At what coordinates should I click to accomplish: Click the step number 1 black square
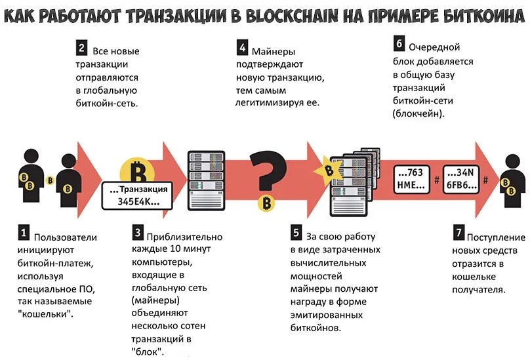pos(24,233)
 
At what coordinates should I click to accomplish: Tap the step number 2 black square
pos(81,47)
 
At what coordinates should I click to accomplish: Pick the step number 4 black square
pos(243,47)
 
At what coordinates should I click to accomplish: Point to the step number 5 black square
pos(296,233)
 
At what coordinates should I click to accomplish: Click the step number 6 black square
pos(399,45)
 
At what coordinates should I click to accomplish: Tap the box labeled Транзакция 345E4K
pos(138,196)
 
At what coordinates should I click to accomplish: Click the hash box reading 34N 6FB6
pos(463,178)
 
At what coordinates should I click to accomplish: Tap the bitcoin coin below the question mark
pos(266,203)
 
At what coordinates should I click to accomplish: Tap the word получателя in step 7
pos(478,289)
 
